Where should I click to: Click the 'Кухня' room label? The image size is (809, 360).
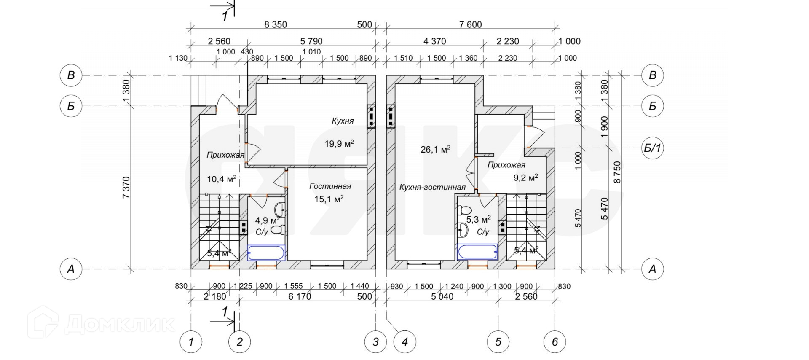(x=343, y=121)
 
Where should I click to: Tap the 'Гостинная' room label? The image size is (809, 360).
(x=330, y=186)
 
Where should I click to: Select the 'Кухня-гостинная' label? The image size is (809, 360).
(x=432, y=188)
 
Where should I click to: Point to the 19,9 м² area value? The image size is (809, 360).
(x=339, y=144)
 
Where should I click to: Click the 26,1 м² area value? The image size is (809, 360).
(x=436, y=149)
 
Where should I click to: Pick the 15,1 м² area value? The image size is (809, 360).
(x=329, y=199)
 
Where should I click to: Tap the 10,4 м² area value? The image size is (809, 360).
(x=222, y=179)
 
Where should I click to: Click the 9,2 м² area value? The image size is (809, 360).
(x=525, y=177)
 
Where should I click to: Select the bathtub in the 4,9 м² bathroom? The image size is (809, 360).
(x=266, y=253)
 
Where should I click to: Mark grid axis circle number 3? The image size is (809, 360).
(x=375, y=341)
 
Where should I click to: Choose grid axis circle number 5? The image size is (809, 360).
(x=498, y=341)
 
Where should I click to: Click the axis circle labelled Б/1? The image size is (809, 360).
(x=652, y=148)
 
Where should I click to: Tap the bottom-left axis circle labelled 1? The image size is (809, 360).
(x=191, y=341)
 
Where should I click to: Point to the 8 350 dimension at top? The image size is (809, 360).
(x=276, y=24)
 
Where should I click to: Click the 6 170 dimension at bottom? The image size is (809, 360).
(x=300, y=296)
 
